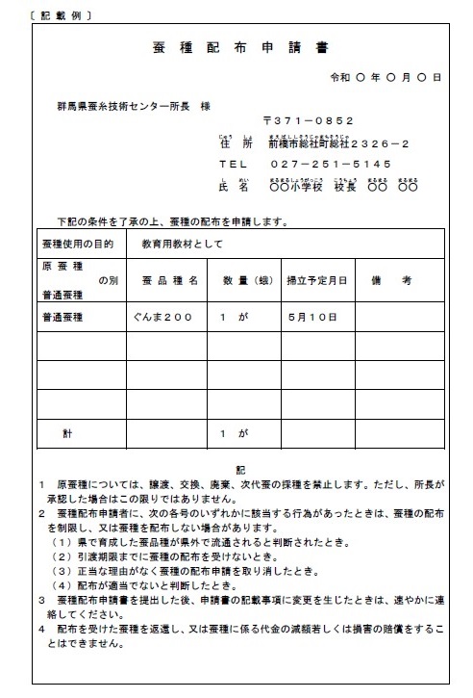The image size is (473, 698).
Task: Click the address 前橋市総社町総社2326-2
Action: (x=327, y=143)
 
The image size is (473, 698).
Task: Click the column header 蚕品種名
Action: (x=169, y=280)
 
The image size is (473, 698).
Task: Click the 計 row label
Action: (x=68, y=434)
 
